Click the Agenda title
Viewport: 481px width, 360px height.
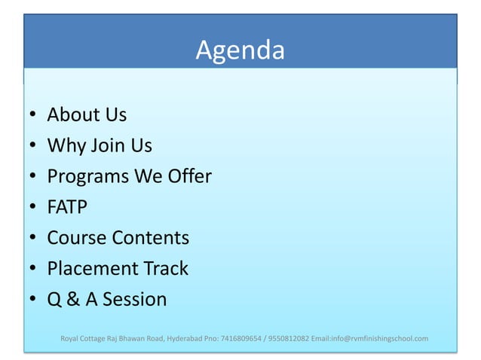240,50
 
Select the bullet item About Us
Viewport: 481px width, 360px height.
87,115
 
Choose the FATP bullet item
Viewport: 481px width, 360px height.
68,207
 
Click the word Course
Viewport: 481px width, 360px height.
77,238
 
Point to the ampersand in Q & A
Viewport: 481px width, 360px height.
75,300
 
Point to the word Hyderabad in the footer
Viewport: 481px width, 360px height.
185,338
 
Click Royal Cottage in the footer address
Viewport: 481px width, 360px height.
81,338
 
